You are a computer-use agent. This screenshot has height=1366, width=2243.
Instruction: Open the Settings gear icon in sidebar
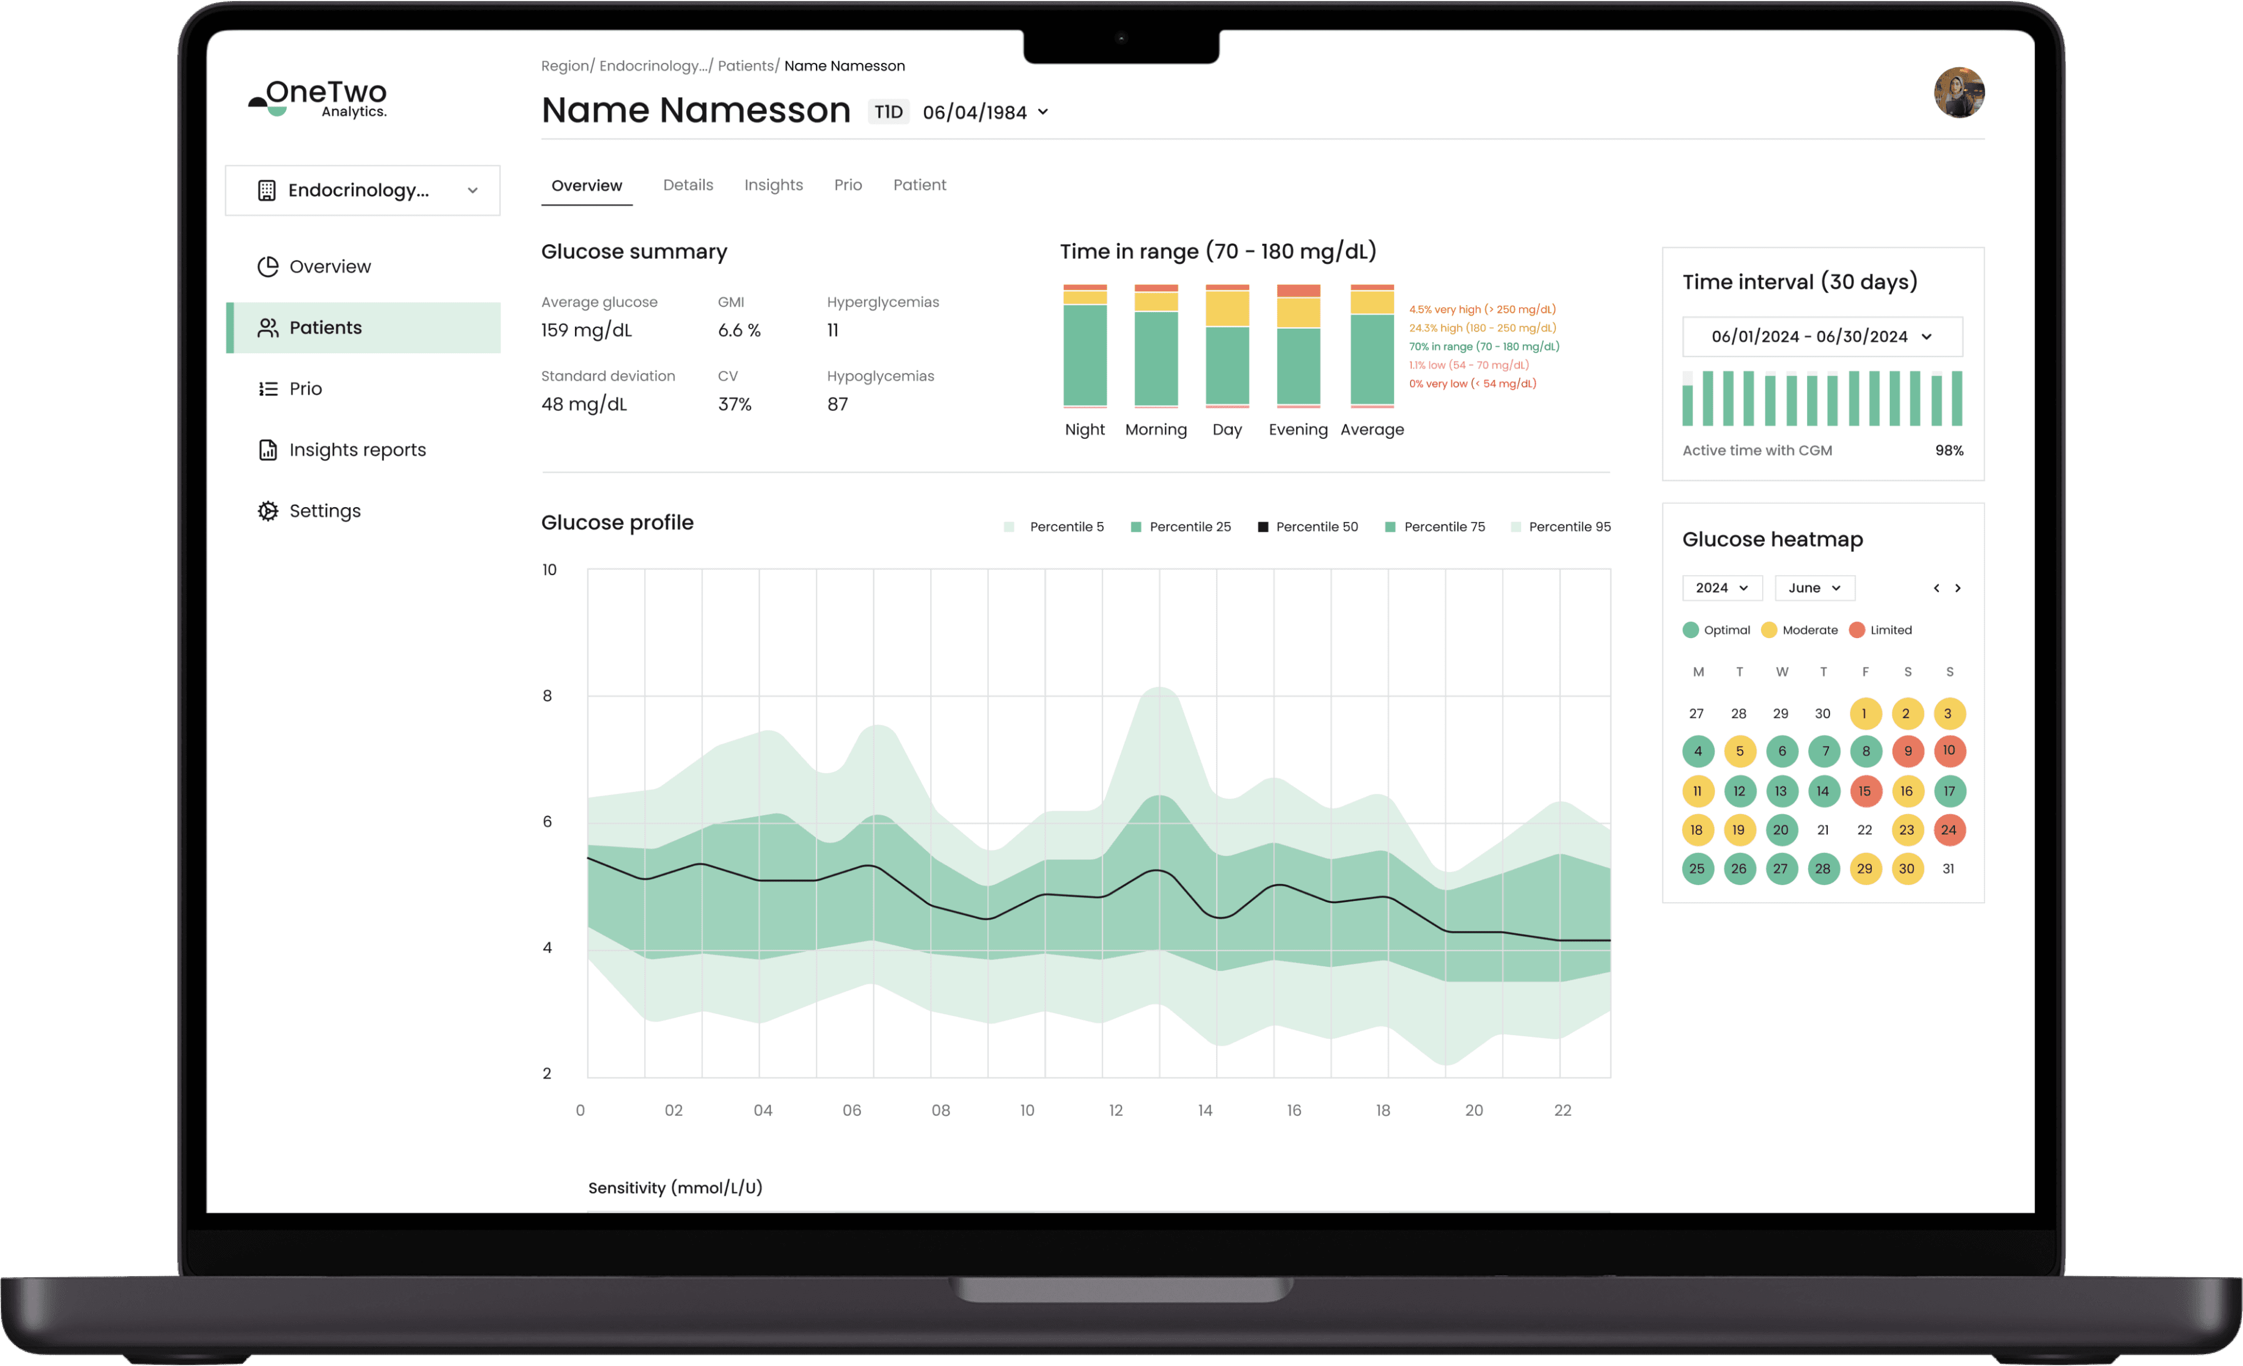tap(268, 511)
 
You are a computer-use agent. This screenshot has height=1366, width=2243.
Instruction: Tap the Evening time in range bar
tap(1298, 346)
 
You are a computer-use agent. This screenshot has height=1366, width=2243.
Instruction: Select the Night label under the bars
tap(1084, 430)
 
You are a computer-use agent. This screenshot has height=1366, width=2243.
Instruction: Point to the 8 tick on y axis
tap(547, 696)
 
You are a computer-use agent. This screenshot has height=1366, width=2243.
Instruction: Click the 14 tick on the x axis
tap(1204, 1110)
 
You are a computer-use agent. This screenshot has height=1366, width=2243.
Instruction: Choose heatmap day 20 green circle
tap(1781, 829)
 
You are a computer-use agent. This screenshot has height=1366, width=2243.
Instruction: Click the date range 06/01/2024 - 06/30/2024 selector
tap(1821, 337)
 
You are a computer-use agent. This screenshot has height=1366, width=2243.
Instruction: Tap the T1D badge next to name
tap(889, 112)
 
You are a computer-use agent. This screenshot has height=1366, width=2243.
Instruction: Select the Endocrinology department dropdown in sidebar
tap(362, 190)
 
